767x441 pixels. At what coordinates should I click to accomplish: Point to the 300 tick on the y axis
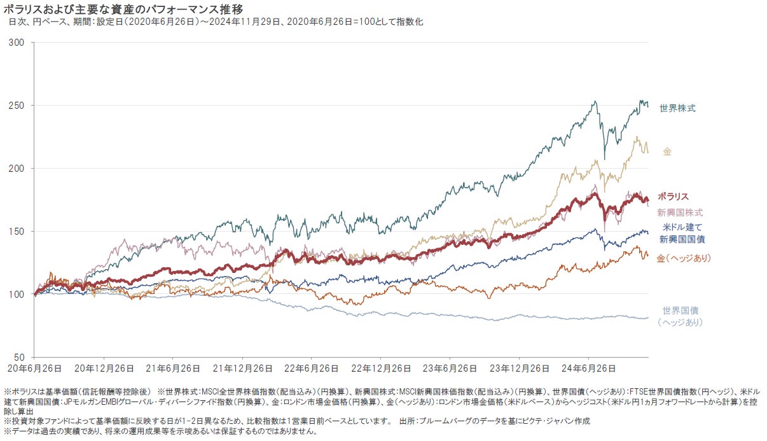click(17, 43)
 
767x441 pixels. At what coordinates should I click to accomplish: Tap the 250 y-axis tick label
click(17, 106)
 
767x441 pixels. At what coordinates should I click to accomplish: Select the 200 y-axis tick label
click(17, 169)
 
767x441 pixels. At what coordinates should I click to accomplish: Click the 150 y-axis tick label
click(17, 232)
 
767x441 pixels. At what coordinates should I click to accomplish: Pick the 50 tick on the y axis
click(20, 357)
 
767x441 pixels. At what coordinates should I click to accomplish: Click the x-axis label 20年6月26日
click(34, 368)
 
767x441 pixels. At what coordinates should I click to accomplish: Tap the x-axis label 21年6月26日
click(172, 368)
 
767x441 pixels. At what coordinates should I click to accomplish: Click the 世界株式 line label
click(677, 108)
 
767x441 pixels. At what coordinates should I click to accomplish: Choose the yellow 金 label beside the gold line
click(667, 152)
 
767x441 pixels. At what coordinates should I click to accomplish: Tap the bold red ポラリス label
click(673, 197)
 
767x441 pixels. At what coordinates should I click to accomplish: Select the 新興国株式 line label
click(680, 212)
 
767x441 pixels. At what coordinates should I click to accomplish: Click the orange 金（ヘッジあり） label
click(684, 258)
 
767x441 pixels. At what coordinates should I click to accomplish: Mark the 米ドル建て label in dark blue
click(682, 227)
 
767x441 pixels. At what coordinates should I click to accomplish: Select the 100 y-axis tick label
click(17, 295)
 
